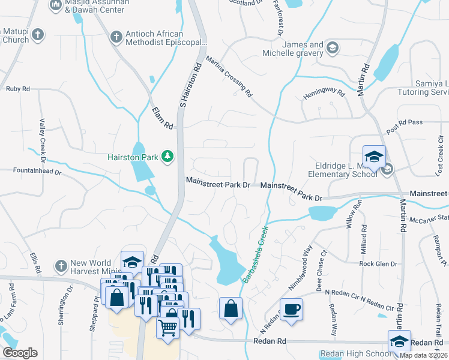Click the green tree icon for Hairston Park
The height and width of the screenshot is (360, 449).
(x=167, y=157)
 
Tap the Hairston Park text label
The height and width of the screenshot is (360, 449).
(x=132, y=157)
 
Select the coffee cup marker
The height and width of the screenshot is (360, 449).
(x=291, y=309)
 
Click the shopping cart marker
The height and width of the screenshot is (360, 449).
(x=168, y=327)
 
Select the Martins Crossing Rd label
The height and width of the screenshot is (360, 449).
(x=229, y=76)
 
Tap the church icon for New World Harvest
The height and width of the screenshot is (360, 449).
(x=60, y=265)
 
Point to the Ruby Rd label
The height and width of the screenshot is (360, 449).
(x=17, y=89)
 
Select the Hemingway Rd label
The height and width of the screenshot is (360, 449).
(x=325, y=94)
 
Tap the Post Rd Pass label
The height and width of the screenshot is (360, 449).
(x=405, y=122)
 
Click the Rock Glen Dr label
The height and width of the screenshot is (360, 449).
(x=378, y=264)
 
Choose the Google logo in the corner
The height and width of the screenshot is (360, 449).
(x=20, y=353)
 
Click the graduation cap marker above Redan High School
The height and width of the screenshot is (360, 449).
(x=399, y=341)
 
